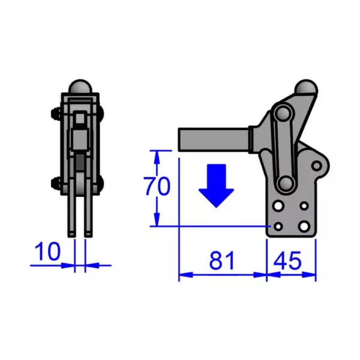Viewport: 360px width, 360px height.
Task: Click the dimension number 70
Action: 157,187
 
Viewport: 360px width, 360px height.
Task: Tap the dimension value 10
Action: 47,251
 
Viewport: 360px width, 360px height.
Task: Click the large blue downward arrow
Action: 216,185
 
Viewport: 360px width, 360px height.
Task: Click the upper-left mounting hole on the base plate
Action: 279,206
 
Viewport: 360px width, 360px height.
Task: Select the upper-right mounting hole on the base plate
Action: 305,206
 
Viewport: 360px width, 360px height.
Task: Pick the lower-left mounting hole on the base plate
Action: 277,226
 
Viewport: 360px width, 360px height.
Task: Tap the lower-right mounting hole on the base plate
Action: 304,226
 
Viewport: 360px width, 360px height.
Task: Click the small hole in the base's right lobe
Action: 316,164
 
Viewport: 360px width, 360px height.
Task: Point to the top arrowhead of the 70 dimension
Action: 158,155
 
